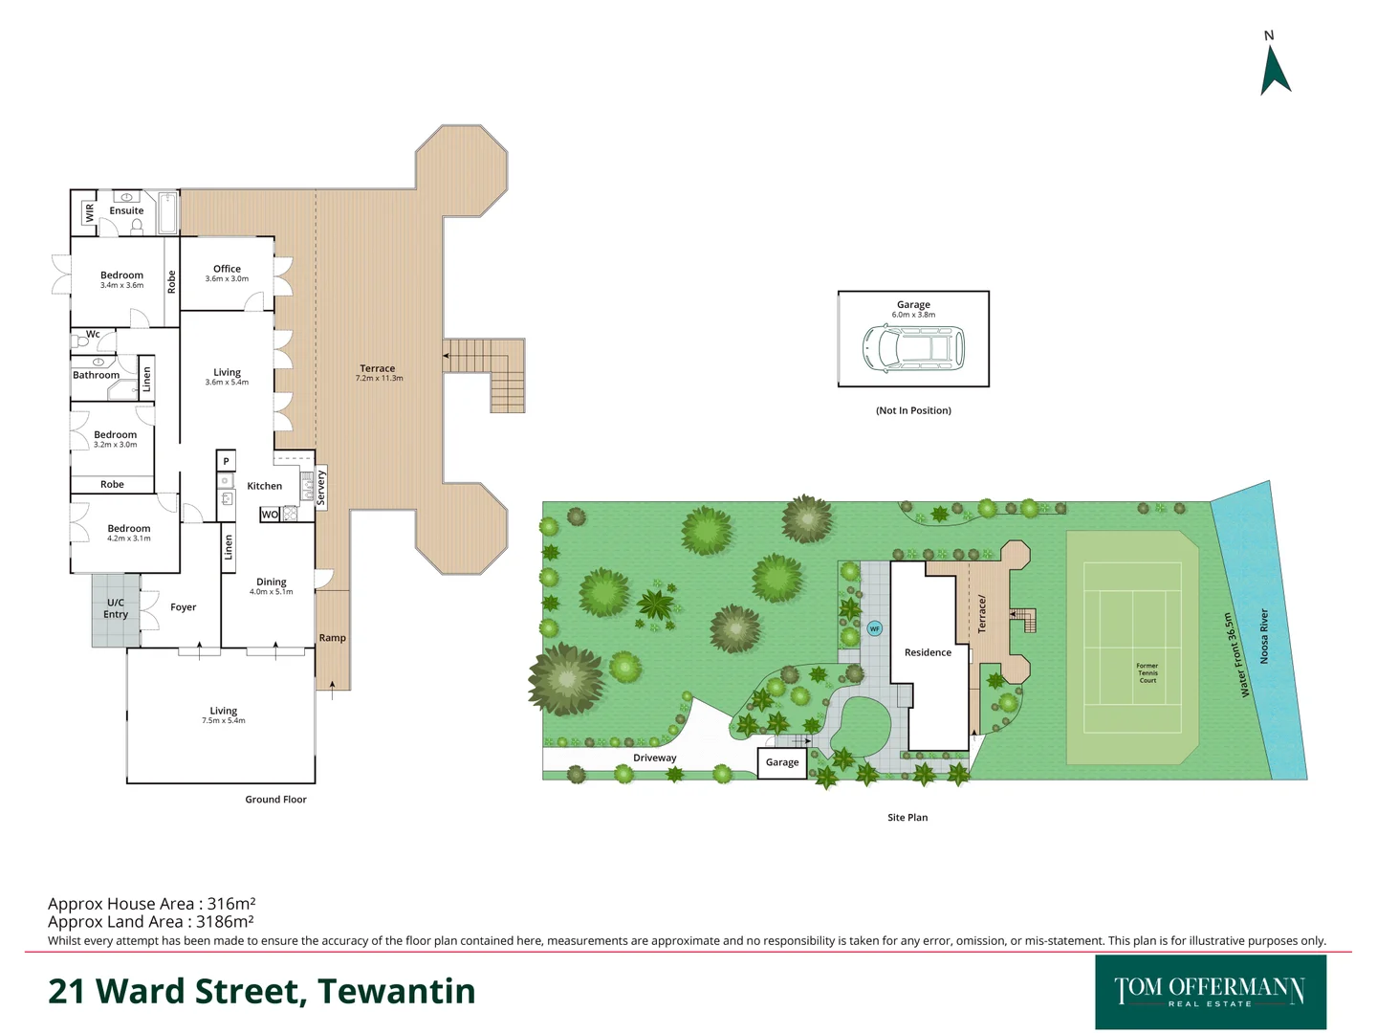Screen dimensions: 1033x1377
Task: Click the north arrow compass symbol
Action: (x=1275, y=68)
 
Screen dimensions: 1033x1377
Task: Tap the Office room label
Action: (x=227, y=269)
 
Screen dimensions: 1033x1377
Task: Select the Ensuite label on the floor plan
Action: (x=126, y=210)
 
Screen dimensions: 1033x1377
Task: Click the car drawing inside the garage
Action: (x=913, y=347)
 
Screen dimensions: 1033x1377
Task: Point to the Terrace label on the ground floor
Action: (x=378, y=368)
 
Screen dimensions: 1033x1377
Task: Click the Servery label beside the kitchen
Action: (x=321, y=488)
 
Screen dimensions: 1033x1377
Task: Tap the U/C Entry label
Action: (x=116, y=608)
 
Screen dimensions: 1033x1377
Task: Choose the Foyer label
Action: (x=183, y=607)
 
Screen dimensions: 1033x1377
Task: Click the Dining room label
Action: (x=272, y=582)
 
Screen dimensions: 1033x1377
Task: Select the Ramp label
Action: (x=332, y=638)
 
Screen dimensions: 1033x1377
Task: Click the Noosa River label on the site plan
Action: (x=1264, y=636)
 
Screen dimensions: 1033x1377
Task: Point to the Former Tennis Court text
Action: (x=1147, y=672)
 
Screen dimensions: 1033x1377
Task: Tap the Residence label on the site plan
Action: (x=928, y=652)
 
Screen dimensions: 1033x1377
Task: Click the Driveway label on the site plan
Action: (x=654, y=758)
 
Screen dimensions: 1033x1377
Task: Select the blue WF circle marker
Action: (x=874, y=628)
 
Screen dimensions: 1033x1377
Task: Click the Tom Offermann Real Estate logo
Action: (x=1210, y=992)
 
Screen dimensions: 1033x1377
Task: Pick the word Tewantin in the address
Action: (x=396, y=992)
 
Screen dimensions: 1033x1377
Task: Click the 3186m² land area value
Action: (x=225, y=922)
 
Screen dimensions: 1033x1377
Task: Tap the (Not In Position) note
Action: (x=913, y=410)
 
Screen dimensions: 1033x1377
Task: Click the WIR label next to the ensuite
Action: (x=90, y=212)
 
